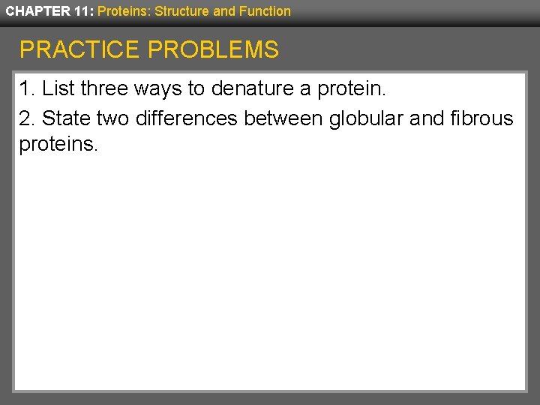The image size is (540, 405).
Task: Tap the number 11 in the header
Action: (x=83, y=11)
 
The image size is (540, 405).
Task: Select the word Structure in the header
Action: (x=178, y=11)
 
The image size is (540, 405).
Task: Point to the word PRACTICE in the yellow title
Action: (x=79, y=50)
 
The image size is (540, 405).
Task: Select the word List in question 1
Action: (x=59, y=89)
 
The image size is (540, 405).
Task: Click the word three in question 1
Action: (x=105, y=89)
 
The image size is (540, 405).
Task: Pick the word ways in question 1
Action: (x=158, y=89)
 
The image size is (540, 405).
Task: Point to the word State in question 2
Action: (x=66, y=118)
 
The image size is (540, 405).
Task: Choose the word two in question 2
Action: (x=113, y=118)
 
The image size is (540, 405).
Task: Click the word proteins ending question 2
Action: (x=58, y=144)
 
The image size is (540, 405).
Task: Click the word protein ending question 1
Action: (x=350, y=89)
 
